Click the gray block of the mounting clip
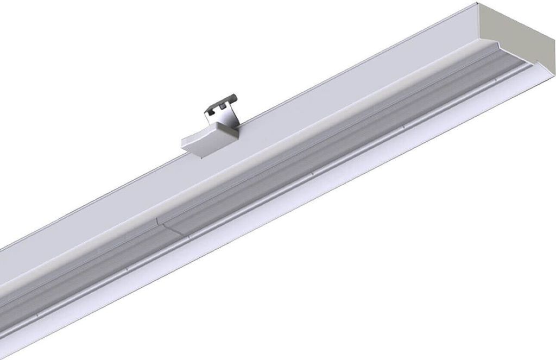click(x=206, y=138)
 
